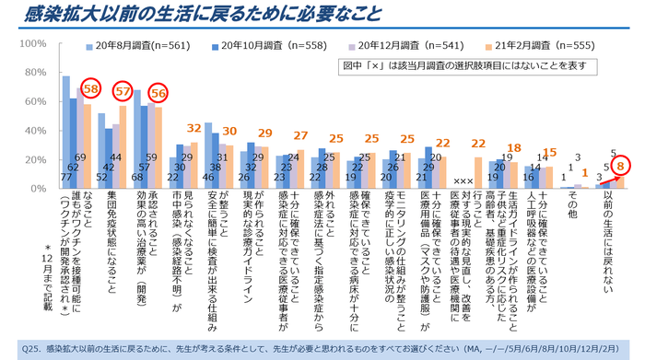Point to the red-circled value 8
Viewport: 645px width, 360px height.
(621, 167)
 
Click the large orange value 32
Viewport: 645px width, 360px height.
(194, 128)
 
